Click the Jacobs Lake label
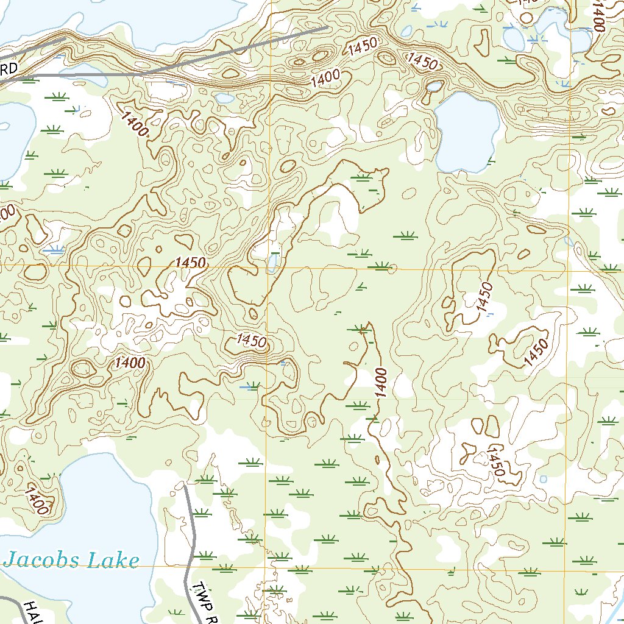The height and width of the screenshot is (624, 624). pyautogui.click(x=71, y=559)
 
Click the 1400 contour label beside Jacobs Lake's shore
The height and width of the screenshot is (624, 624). pyautogui.click(x=37, y=500)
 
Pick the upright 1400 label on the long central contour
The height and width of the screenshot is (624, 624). pyautogui.click(x=381, y=383)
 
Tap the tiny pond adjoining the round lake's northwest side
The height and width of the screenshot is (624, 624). pyautogui.click(x=434, y=87)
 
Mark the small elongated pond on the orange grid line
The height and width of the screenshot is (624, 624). pyautogui.click(x=273, y=263)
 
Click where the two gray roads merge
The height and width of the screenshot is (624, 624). pyautogui.click(x=146, y=73)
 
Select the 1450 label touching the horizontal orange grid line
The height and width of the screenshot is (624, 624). pyautogui.click(x=190, y=263)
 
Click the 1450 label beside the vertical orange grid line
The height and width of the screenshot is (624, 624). pyautogui.click(x=252, y=341)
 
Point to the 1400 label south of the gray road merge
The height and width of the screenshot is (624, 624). pyautogui.click(x=135, y=124)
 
